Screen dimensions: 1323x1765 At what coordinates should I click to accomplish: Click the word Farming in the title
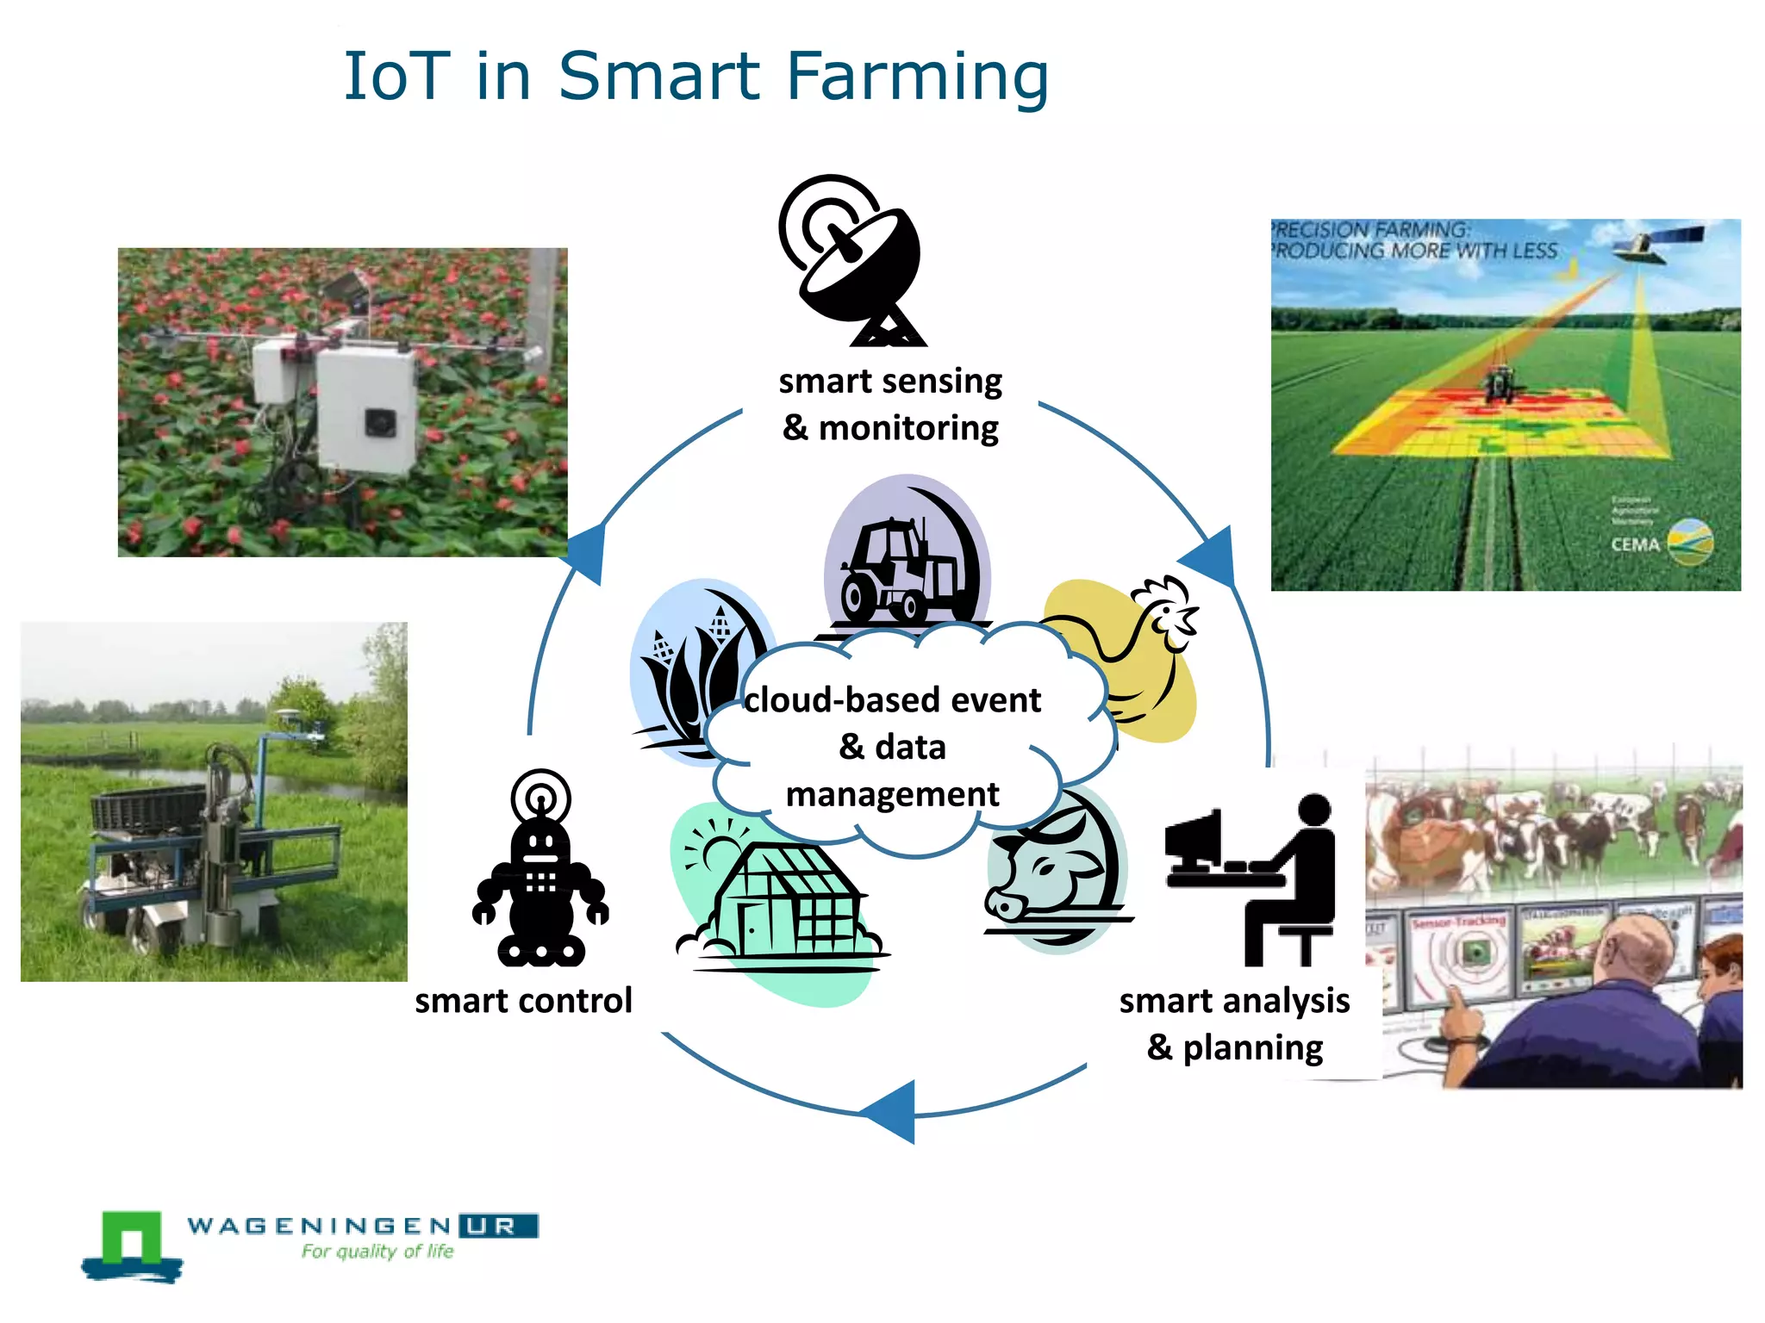click(917, 78)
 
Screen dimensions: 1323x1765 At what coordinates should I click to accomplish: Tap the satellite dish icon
click(853, 258)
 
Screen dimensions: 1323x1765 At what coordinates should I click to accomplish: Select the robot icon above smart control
click(540, 870)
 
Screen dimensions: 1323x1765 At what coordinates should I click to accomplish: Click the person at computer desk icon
click(1250, 879)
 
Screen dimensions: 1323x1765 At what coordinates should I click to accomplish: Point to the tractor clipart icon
click(901, 568)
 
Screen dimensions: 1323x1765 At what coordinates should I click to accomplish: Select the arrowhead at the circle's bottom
click(892, 1111)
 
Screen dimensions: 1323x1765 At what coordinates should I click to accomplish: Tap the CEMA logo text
click(1635, 544)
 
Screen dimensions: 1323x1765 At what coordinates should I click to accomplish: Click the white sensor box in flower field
click(366, 409)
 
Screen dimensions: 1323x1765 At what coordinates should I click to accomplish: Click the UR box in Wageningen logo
click(498, 1226)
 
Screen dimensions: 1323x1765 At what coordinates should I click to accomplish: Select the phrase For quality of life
click(377, 1252)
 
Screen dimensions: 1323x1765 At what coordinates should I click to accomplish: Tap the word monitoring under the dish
click(908, 428)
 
